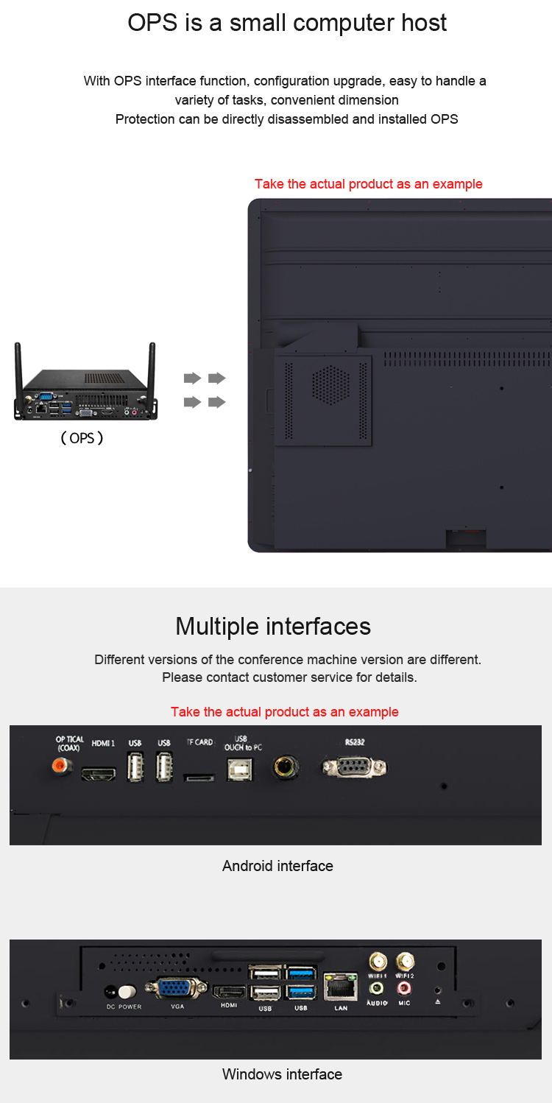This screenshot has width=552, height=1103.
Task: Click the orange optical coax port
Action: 61,766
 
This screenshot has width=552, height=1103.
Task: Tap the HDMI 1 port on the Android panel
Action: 99,774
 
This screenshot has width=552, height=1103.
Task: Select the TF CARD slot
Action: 199,778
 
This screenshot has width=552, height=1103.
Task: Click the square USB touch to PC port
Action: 240,769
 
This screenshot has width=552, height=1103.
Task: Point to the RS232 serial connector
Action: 355,767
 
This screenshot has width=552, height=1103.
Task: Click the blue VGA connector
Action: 177,988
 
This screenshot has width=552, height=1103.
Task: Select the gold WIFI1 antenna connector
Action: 378,961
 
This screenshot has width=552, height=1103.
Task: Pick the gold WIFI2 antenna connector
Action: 405,961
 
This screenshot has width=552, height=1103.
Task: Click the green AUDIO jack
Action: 377,988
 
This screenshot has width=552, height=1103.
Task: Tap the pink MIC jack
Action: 404,988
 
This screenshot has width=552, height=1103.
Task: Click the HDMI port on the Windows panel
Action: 228,991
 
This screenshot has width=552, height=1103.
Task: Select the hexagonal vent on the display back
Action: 331,384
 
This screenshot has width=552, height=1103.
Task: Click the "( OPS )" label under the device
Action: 82,438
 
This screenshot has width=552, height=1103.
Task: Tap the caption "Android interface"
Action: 277,866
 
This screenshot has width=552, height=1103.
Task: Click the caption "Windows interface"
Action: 282,1074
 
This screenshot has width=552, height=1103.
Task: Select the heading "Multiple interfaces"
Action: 273,627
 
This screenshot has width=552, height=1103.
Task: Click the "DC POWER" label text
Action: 124,1007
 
